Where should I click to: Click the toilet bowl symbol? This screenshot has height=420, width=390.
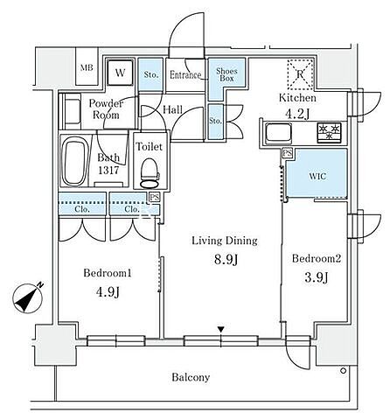(150, 173)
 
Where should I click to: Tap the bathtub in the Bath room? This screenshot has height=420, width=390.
(74, 161)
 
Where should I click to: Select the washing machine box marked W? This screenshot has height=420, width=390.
(120, 73)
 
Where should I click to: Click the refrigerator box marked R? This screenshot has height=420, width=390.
(300, 74)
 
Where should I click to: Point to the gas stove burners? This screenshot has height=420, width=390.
(329, 132)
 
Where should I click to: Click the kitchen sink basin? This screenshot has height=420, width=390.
(279, 134)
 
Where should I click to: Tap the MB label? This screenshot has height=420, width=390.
(87, 68)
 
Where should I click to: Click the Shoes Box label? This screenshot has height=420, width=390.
(226, 74)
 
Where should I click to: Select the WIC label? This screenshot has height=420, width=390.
(317, 176)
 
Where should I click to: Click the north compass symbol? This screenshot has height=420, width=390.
(28, 297)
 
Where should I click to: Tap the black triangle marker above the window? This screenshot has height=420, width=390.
(221, 330)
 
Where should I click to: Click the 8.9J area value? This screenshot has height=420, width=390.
(226, 259)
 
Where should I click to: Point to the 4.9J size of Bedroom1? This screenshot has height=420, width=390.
(108, 291)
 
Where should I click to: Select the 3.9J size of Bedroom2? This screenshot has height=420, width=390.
(317, 277)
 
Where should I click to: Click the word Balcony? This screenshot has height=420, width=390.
(191, 377)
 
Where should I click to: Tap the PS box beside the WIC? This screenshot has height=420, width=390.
(288, 153)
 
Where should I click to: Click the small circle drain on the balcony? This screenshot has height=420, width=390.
(343, 371)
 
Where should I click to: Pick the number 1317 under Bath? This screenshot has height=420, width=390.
(108, 170)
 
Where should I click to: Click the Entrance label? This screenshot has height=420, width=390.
(185, 75)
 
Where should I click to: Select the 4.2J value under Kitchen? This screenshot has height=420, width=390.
(297, 114)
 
